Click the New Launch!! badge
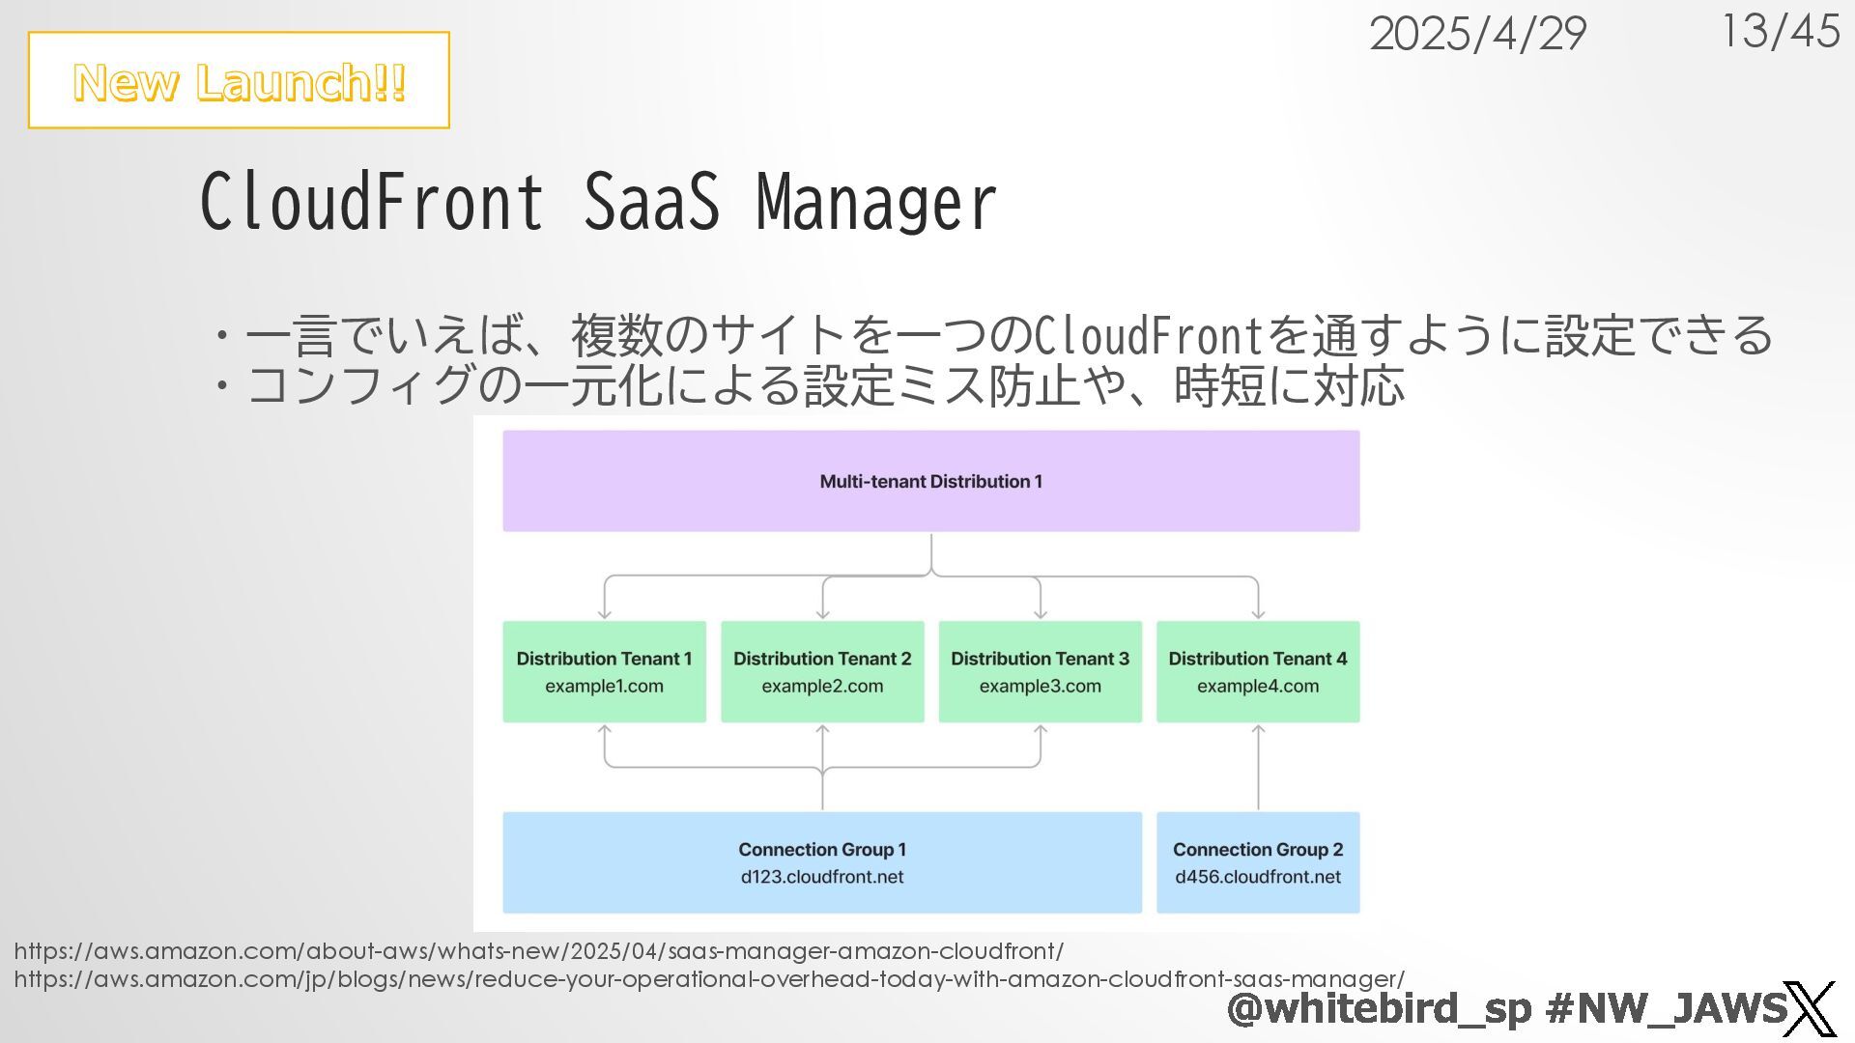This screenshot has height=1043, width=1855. pyautogui.click(x=239, y=81)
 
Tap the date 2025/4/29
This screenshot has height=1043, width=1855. pyautogui.click(x=1476, y=35)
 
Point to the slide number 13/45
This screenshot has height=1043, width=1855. pyautogui.click(x=1780, y=31)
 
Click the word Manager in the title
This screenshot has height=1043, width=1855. pyautogui.click(x=875, y=202)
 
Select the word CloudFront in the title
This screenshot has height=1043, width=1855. pyautogui.click(x=372, y=202)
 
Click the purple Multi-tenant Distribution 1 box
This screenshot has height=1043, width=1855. pyautogui.click(x=930, y=481)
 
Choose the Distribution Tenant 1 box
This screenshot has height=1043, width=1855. pyautogui.click(x=604, y=671)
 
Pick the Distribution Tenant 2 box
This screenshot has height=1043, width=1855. pyautogui.click(x=822, y=671)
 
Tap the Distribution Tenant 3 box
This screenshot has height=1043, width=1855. pyautogui.click(x=1040, y=671)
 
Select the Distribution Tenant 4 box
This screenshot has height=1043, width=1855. pyautogui.click(x=1257, y=671)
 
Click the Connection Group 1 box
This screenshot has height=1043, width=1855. pyautogui.click(x=821, y=861)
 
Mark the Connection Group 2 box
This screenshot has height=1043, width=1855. pyautogui.click(x=1257, y=861)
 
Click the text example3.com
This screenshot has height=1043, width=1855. pyautogui.click(x=1040, y=687)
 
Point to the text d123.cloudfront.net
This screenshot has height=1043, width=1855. pyautogui.click(x=821, y=877)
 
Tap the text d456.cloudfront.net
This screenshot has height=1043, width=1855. pyautogui.click(x=1257, y=877)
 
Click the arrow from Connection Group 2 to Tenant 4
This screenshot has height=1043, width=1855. pyautogui.click(x=1258, y=768)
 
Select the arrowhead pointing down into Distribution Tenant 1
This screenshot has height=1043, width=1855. pyautogui.click(x=605, y=612)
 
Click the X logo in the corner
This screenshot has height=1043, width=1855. pyautogui.click(x=1809, y=1009)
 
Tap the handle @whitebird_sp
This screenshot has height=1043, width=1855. pyautogui.click(x=1379, y=1008)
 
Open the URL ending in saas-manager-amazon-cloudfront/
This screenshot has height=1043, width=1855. pyautogui.click(x=538, y=951)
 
